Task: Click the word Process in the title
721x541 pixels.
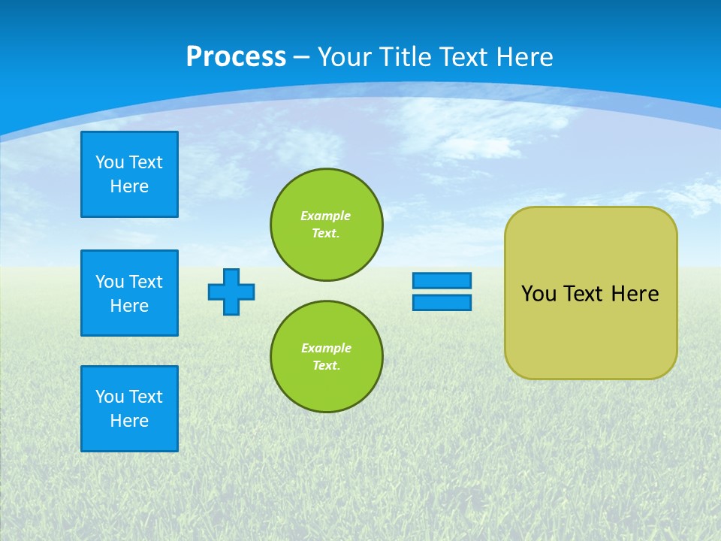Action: (x=236, y=57)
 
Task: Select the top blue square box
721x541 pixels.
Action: (x=129, y=174)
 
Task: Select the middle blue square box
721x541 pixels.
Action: (x=129, y=293)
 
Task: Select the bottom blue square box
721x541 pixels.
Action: (x=129, y=409)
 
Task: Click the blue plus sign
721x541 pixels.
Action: (x=231, y=292)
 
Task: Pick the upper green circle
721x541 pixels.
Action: (x=327, y=225)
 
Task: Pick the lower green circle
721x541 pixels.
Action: (x=327, y=357)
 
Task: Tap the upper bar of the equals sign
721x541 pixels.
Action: (x=442, y=280)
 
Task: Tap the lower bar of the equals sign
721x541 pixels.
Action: (x=442, y=302)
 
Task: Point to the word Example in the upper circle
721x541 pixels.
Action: (x=326, y=216)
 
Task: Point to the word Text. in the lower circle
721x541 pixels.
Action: (x=326, y=365)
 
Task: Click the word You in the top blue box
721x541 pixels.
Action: (x=110, y=162)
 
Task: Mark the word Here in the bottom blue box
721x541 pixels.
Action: (x=129, y=421)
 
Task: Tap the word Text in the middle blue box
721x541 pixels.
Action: (x=145, y=282)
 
